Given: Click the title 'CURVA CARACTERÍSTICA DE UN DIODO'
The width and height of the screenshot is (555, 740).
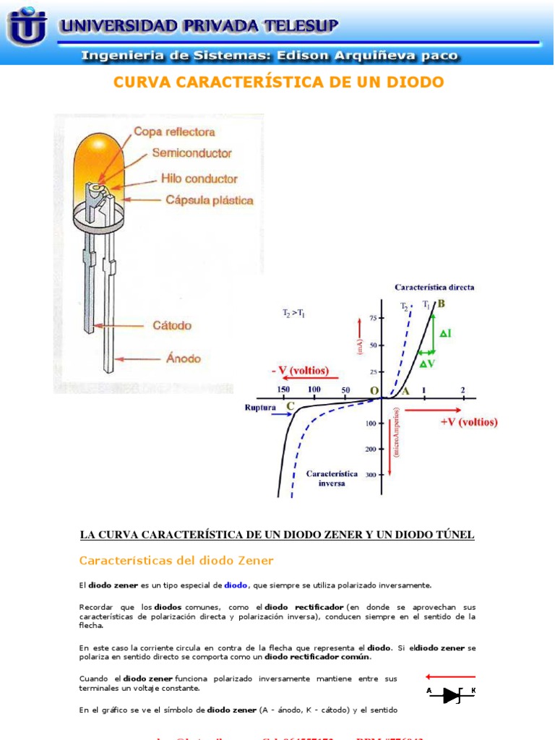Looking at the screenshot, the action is (x=278, y=82).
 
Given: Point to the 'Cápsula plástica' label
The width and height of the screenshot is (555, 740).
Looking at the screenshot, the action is (x=209, y=199).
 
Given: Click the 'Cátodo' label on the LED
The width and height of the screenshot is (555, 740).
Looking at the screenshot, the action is (x=172, y=326).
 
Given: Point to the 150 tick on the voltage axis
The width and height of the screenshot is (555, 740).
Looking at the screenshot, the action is (x=284, y=390).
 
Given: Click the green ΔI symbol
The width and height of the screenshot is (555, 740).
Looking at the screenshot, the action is (x=445, y=333).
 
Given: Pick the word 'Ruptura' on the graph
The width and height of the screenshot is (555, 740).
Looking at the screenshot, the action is (x=261, y=407).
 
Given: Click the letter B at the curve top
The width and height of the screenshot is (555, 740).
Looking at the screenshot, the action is (x=441, y=304).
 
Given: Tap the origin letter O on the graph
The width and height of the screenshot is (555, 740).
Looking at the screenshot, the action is (x=374, y=391).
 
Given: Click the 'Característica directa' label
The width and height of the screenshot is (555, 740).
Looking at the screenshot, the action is (x=435, y=287).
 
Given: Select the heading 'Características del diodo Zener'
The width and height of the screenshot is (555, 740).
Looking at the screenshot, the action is (x=176, y=560).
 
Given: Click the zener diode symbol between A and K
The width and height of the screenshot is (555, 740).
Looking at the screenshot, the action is (x=452, y=695).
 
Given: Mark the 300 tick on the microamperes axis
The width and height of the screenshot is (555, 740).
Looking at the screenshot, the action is (x=370, y=475).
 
